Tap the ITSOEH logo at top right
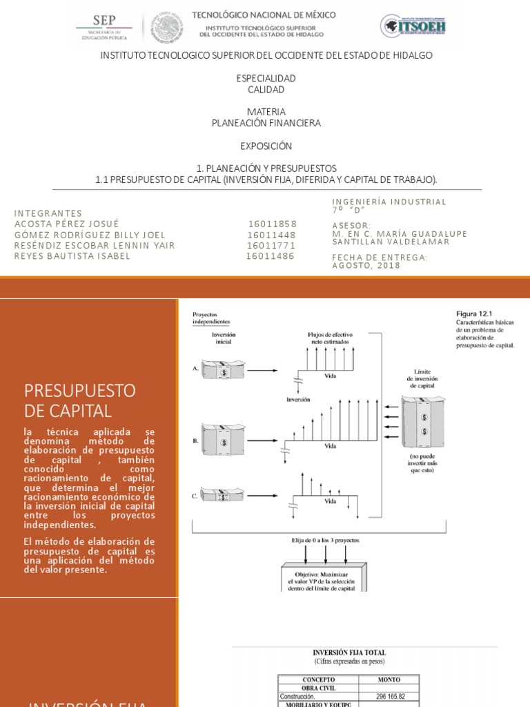coord(413,26)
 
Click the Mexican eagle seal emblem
coord(166,28)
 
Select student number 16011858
coord(273,224)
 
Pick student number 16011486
coord(271,256)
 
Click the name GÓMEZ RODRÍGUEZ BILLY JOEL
coord(90,235)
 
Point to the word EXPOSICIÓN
coord(266,146)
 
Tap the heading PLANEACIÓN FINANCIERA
coord(266,123)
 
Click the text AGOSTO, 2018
coord(366,266)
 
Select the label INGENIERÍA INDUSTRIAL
coord(389,202)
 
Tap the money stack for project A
coord(223,369)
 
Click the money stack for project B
coord(223,439)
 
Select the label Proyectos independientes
coord(211,318)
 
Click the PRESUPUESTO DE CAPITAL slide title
coord(80,400)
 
